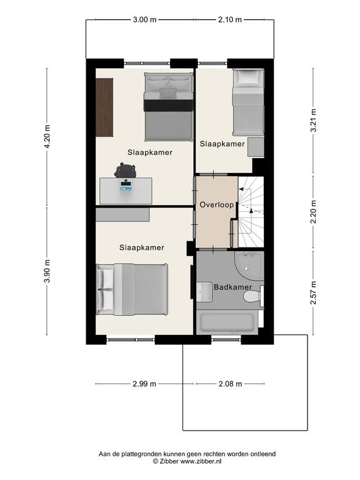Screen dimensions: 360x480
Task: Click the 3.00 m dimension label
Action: [144, 20]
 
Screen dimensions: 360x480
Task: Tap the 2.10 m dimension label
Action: [230, 20]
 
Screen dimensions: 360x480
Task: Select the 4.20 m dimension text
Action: [47, 136]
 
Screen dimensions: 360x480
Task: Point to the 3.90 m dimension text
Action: [47, 271]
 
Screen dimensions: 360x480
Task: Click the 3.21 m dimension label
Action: [314, 120]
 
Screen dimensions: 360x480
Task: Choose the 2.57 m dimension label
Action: [314, 293]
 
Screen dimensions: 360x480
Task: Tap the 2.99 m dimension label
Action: [144, 384]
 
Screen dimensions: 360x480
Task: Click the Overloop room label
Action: [216, 205]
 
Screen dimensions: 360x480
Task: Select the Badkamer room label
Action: [232, 287]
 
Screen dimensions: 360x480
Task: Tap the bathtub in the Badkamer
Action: [227, 322]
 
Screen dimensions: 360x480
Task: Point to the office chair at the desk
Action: [125, 171]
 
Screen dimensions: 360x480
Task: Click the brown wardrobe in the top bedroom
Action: [105, 107]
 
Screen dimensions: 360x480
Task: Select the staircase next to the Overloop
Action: [251, 212]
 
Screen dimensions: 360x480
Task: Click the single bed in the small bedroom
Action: [248, 102]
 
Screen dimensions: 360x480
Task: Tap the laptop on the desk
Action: [126, 186]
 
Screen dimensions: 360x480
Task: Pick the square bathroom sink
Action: [204, 292]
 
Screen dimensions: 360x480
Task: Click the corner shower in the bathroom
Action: [249, 266]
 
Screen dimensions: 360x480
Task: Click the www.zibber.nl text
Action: [200, 461]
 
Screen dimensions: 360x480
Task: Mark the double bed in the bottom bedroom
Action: [132, 289]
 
